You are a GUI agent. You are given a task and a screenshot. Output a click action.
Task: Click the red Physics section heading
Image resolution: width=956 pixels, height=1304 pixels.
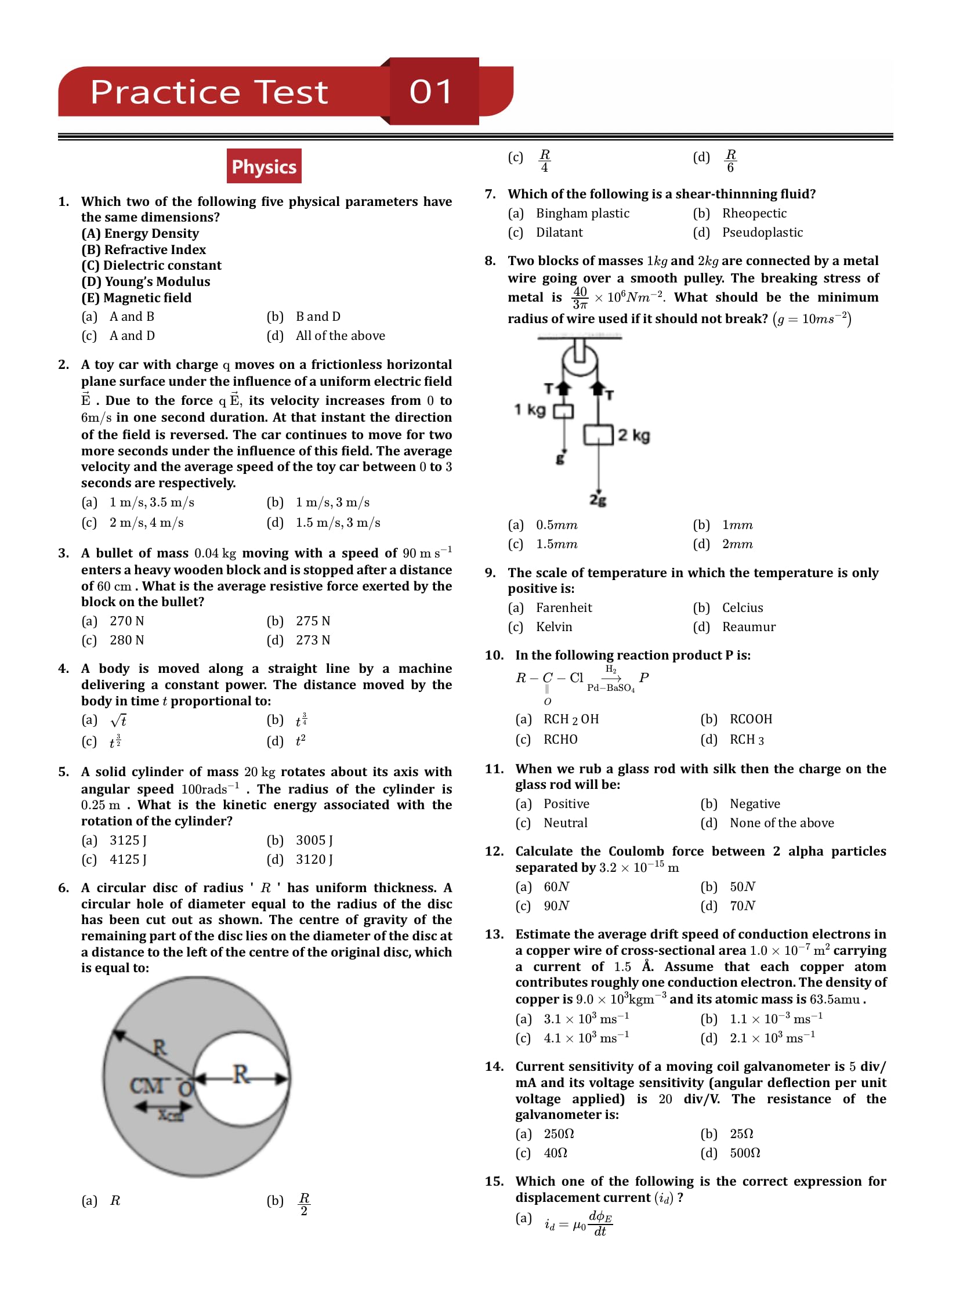[264, 166]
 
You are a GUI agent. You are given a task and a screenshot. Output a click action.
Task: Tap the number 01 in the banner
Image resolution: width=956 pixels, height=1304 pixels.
[430, 92]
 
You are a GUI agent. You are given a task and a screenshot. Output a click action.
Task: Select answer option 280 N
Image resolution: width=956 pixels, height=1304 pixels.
[126, 640]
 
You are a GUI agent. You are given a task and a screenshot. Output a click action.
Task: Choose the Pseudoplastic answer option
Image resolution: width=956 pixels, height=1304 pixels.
[762, 233]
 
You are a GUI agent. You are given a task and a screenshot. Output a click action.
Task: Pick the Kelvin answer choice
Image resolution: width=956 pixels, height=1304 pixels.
[554, 627]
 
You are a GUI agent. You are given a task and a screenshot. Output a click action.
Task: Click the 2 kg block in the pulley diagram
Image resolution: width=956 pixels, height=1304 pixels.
[598, 435]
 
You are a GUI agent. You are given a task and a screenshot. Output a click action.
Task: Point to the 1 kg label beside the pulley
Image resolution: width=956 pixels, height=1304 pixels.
[530, 410]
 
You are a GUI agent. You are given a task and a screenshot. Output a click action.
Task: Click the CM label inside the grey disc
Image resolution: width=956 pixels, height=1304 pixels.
[147, 1085]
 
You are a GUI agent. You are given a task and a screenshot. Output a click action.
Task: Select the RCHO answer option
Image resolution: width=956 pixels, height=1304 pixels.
[560, 740]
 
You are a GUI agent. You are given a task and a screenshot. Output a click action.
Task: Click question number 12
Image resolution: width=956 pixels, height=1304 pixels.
[494, 852]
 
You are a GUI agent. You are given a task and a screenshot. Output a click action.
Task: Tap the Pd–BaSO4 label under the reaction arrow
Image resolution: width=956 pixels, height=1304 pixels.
[611, 688]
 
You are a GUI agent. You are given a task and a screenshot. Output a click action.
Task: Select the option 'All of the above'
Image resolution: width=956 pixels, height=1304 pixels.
[340, 336]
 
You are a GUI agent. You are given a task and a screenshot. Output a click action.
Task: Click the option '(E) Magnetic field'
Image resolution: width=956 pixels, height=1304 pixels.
[136, 298]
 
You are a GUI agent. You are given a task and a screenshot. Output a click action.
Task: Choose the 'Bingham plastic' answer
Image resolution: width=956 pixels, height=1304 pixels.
[582, 213]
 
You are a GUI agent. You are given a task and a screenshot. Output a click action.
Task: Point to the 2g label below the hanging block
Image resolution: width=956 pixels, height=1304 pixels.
[597, 499]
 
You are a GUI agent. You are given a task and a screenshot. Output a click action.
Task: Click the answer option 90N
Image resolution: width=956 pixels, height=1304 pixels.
[556, 906]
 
